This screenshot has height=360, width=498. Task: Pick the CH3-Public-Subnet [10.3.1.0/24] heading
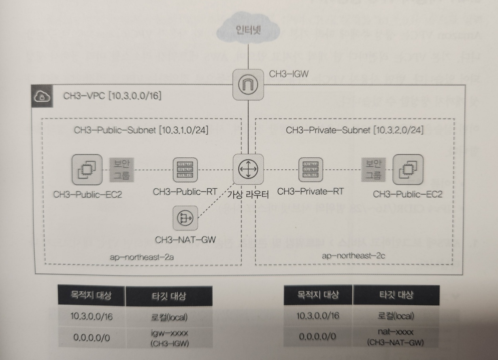pyautogui.click(x=141, y=131)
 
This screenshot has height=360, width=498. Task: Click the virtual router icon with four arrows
pyautogui.click(x=248, y=169)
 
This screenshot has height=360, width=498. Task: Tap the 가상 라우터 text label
pyautogui.click(x=248, y=195)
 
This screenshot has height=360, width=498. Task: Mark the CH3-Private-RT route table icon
pyautogui.click(x=311, y=169)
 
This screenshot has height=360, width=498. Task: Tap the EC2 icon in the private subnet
pyautogui.click(x=407, y=169)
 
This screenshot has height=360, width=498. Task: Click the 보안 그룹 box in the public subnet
pyautogui.click(x=122, y=169)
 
